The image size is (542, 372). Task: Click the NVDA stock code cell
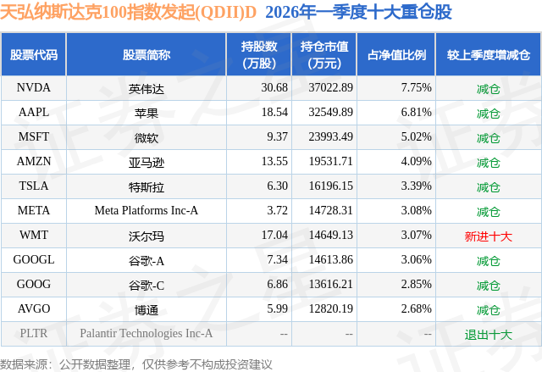point(34,87)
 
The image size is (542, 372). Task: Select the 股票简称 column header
point(147,54)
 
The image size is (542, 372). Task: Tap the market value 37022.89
point(330,87)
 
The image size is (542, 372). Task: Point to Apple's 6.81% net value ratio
point(416,112)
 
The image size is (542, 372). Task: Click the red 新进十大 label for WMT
point(488,236)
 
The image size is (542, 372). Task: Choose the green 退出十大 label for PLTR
point(488,335)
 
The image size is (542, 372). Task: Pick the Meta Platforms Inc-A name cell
point(147,210)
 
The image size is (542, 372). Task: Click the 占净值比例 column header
point(396,54)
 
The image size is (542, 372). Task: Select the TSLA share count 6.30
point(277,186)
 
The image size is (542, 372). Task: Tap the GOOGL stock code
point(34,259)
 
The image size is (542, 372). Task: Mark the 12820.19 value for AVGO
point(330,308)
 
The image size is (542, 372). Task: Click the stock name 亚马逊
point(147,163)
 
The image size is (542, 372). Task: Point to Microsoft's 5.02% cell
point(416,136)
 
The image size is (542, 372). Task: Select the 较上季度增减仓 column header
point(488,54)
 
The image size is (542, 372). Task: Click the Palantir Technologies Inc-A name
point(147,333)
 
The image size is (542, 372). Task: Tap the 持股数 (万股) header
point(259,54)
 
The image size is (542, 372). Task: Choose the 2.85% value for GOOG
point(416,284)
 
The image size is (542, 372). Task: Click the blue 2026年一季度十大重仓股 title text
point(358,12)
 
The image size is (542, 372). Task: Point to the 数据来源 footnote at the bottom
point(135,364)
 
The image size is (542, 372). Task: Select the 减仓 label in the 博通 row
point(488,310)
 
